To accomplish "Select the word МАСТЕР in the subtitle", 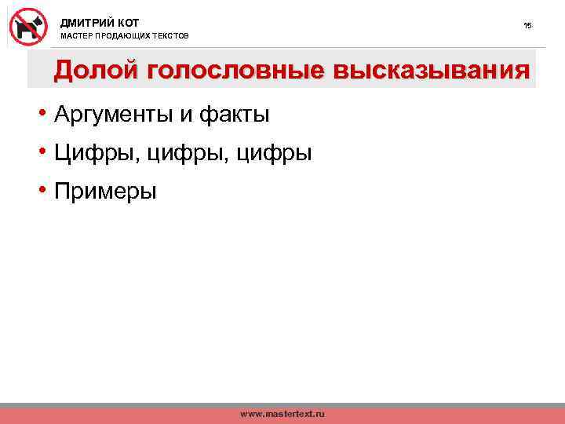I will [x=76, y=37].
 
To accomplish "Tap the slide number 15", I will [x=527, y=26].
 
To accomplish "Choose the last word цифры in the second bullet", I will [x=273, y=153].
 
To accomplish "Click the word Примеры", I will [x=105, y=191].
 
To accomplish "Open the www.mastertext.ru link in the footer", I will [x=282, y=413].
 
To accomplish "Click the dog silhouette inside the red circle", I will [x=29, y=27].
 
